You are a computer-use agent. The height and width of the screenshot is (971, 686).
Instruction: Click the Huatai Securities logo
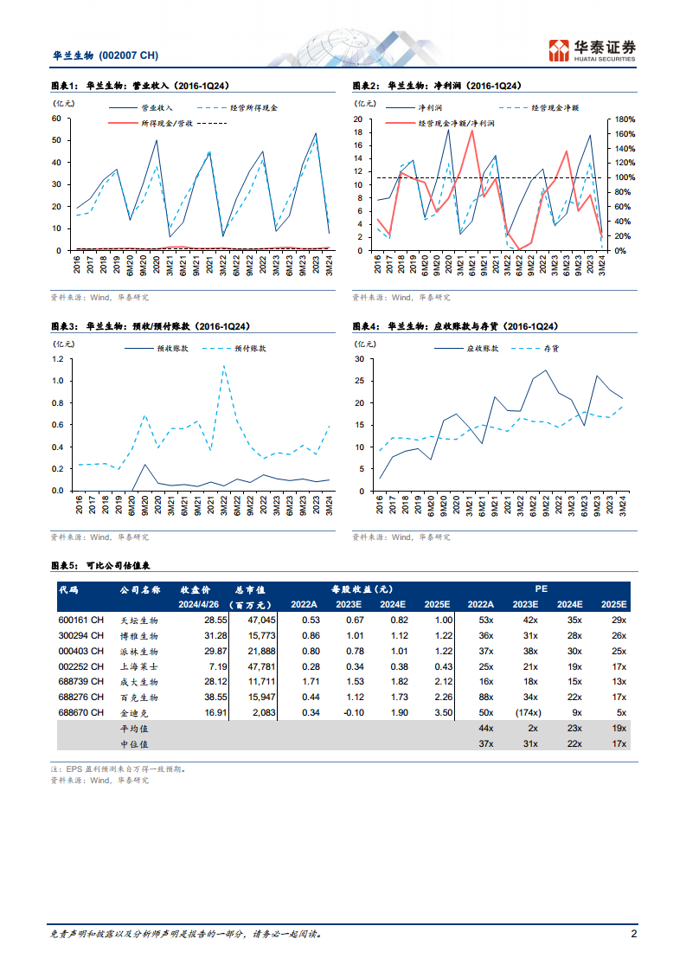593,50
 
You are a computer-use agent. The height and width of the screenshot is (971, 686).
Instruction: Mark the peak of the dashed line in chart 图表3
224,365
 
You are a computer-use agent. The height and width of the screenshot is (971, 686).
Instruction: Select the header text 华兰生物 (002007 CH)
106,55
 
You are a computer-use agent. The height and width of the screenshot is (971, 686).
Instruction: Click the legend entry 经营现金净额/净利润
456,124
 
